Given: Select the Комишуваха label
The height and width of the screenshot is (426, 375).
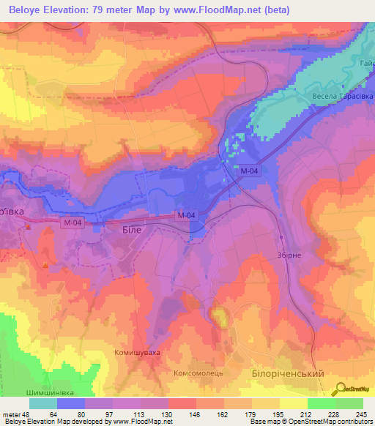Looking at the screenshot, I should pyautogui.click(x=136, y=353).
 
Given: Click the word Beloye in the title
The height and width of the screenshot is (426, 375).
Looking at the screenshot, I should pyautogui.click(x=30, y=10).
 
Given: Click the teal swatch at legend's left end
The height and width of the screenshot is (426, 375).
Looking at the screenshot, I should pyautogui.click(x=43, y=404).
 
